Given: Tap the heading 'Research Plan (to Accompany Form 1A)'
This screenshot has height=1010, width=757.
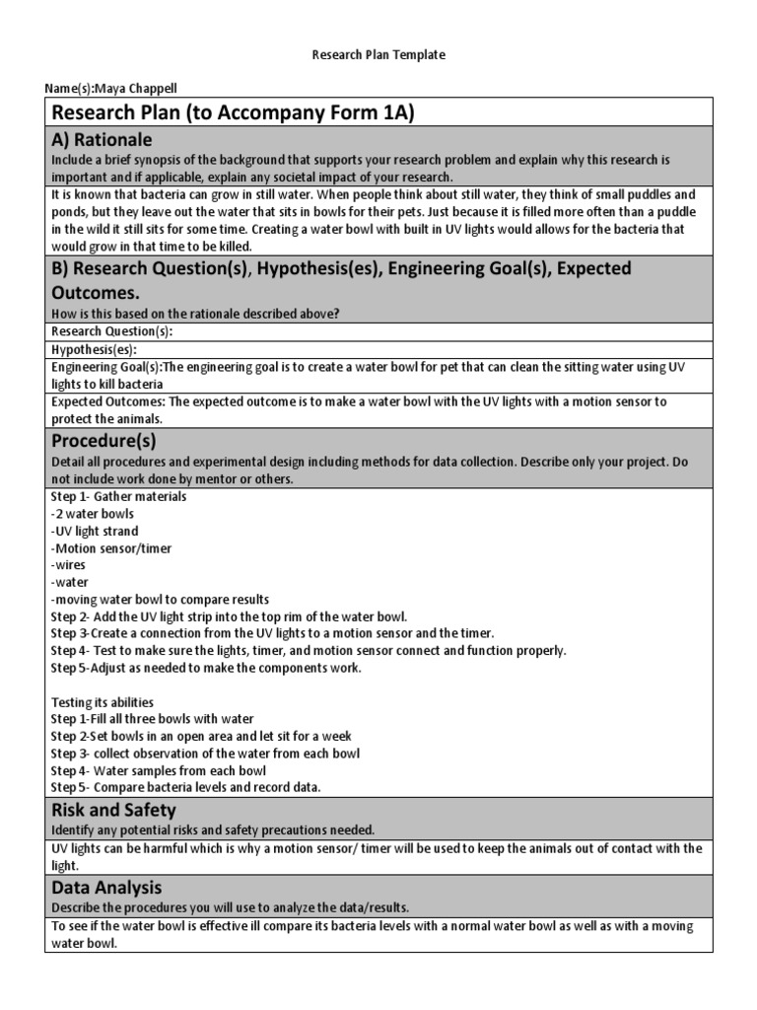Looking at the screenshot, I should coord(233,112).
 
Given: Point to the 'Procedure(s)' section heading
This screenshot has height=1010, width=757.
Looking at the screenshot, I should coord(103,440).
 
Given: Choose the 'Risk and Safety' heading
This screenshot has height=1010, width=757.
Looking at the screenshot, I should coord(113,811).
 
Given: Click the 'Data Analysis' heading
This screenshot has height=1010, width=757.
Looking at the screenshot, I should coord(106,888).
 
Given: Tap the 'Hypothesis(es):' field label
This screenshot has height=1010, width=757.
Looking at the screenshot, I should coord(94,349).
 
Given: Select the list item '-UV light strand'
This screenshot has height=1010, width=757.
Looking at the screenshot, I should coord(95,531).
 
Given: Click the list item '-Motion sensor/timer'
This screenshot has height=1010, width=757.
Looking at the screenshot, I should coord(107,548).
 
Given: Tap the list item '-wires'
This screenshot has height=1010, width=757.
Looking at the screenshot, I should coord(68,565).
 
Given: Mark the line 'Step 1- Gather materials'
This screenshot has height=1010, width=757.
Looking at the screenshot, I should coord(118,496).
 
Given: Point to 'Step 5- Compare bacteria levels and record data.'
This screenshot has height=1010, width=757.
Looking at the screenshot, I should coord(185,787).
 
